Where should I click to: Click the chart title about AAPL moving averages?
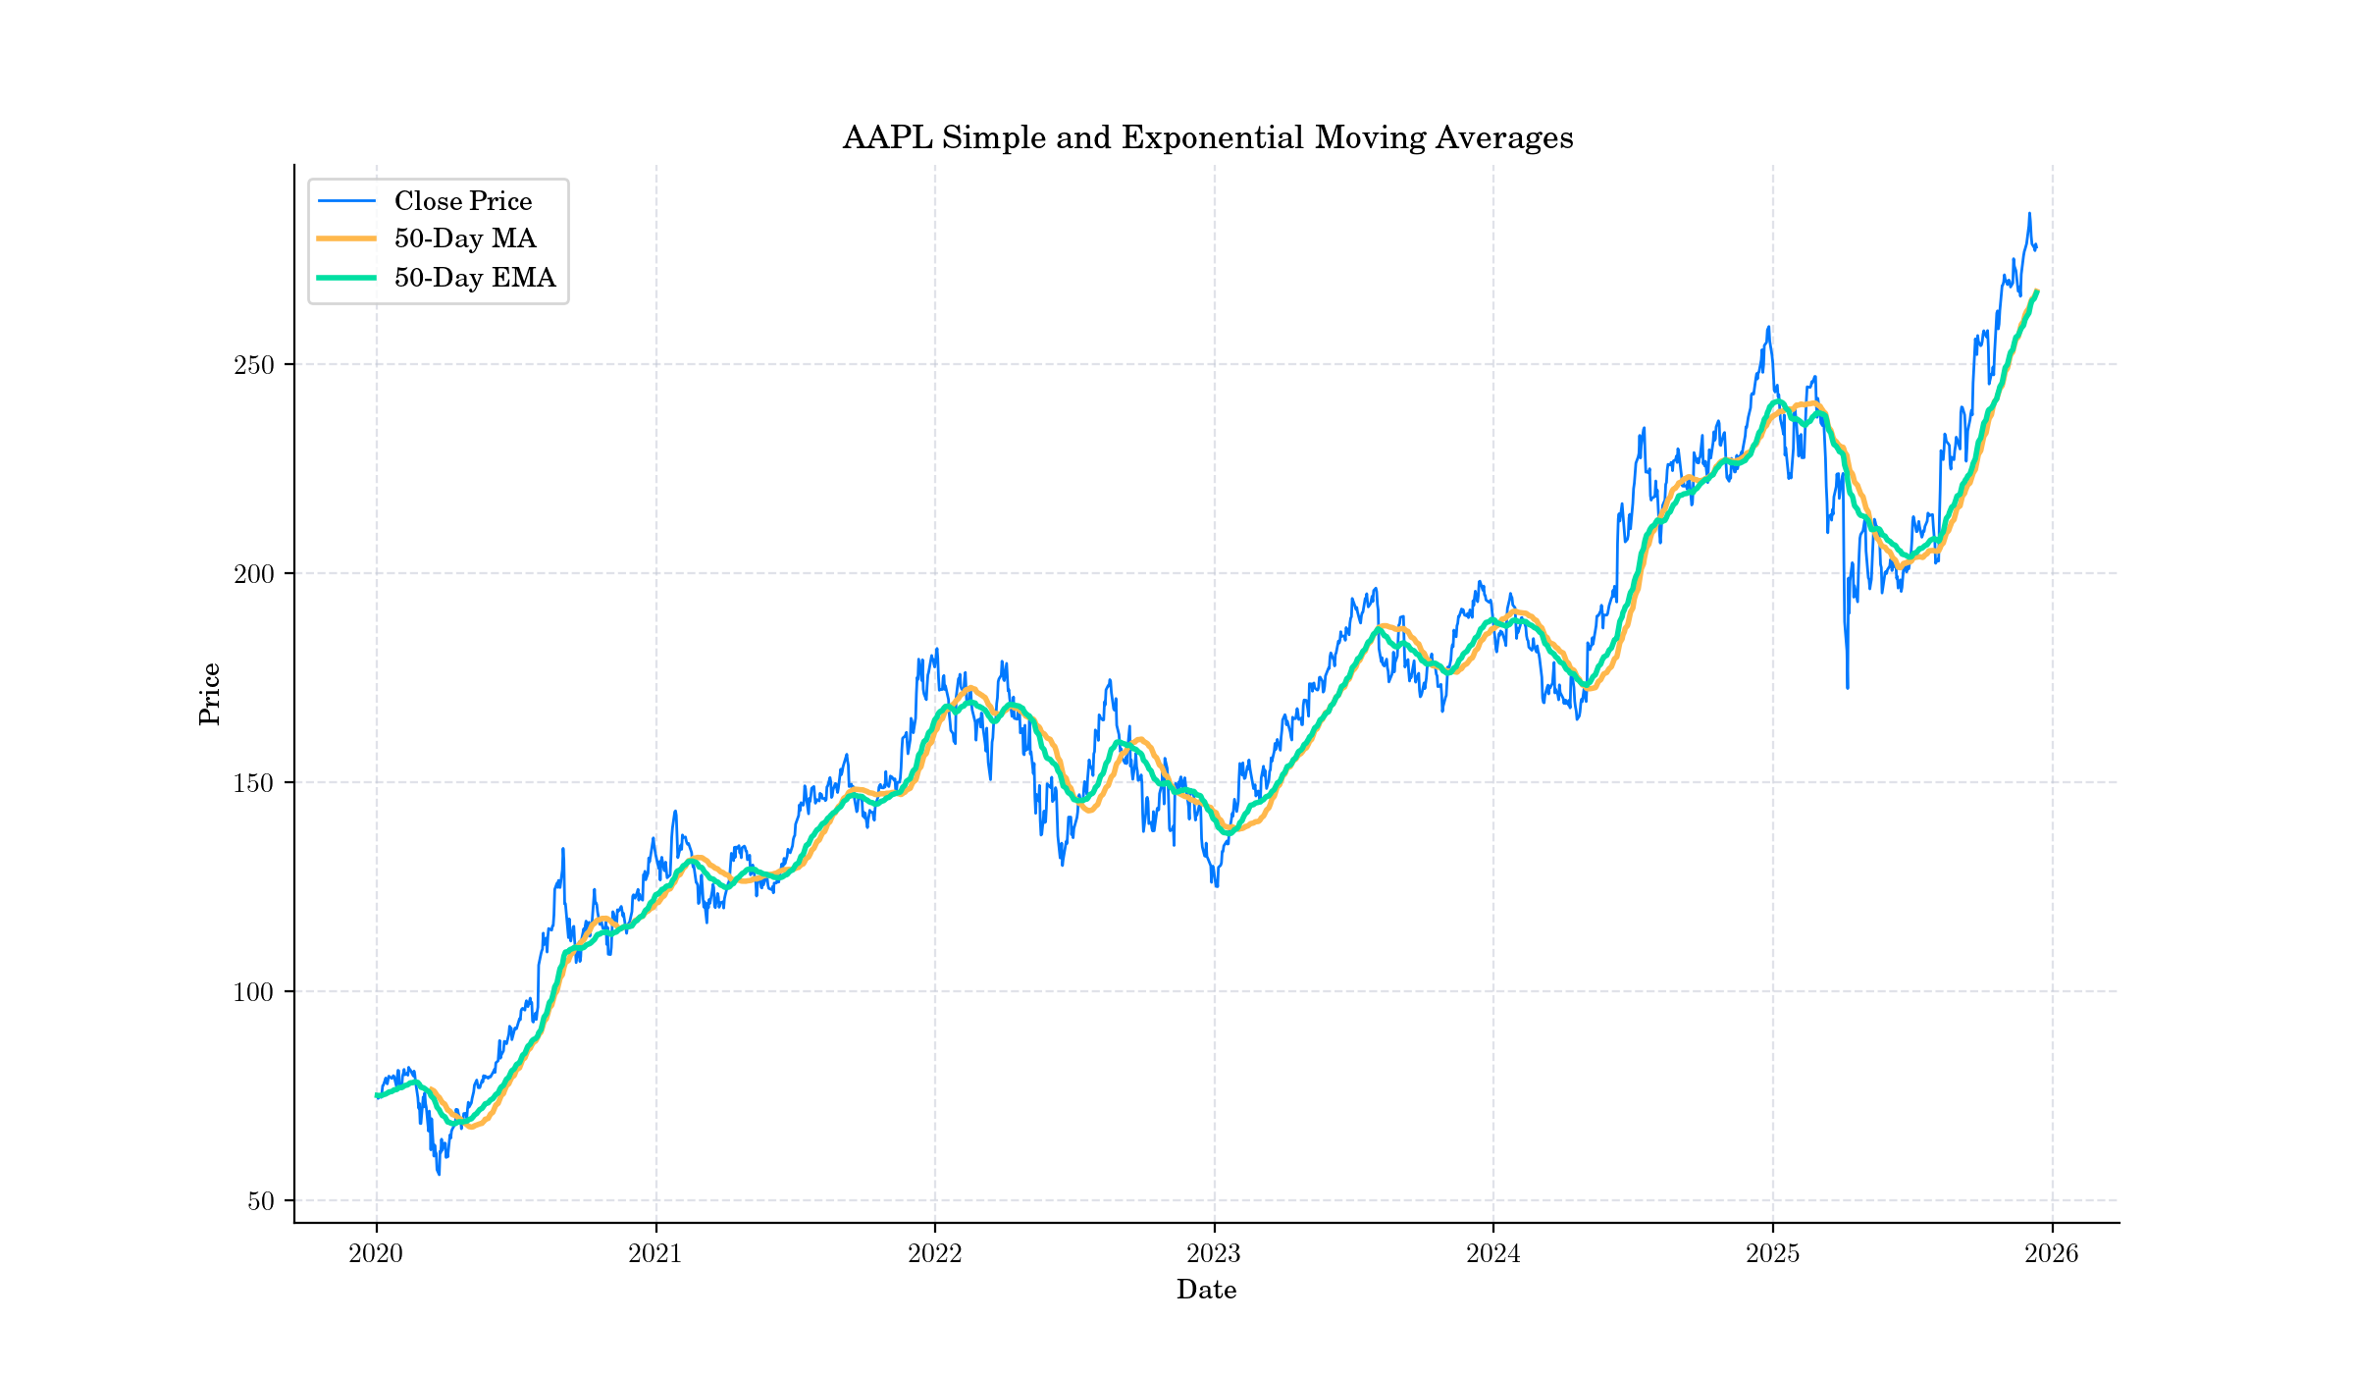click(1207, 137)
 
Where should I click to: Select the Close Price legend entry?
click(462, 201)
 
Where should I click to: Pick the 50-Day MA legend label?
click(464, 238)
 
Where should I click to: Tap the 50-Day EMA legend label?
click(474, 278)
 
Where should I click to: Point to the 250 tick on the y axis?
click(253, 365)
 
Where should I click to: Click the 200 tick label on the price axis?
click(253, 574)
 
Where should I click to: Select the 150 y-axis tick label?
click(253, 783)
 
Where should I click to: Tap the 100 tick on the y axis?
click(253, 992)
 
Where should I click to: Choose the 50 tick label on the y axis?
click(260, 1201)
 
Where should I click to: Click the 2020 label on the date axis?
click(376, 1253)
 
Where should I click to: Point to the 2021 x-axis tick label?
click(655, 1253)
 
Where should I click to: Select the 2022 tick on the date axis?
click(934, 1253)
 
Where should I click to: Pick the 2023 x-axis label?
click(1214, 1253)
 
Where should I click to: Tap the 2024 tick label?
click(1492, 1253)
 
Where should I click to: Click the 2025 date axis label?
click(1772, 1253)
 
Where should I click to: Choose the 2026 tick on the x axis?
click(2052, 1253)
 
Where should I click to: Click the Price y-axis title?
click(209, 694)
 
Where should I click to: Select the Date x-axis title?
click(1206, 1290)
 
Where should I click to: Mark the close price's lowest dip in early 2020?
click(439, 1174)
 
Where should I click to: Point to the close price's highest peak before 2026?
click(2029, 213)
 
